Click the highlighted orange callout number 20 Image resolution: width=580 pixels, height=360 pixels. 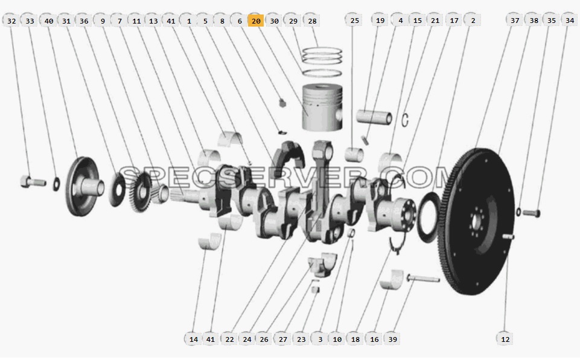(x=256, y=21)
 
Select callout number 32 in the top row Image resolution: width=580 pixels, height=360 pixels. (x=11, y=21)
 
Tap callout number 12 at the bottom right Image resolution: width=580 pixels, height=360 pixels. (x=505, y=339)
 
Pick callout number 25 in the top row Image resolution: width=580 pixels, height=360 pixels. (x=354, y=21)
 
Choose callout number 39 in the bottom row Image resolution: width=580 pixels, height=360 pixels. (x=392, y=339)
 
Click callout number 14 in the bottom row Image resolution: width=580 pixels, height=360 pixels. (x=194, y=339)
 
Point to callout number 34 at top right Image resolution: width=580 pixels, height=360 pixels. (x=570, y=21)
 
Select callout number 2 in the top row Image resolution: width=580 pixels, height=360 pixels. (x=473, y=21)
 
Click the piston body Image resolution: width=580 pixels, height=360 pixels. (x=322, y=108)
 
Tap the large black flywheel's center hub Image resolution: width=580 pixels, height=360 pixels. (x=476, y=222)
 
